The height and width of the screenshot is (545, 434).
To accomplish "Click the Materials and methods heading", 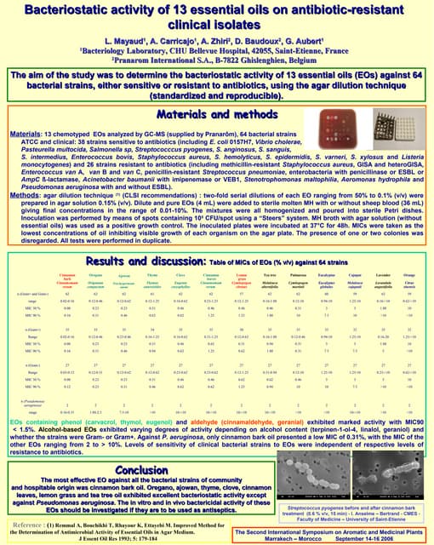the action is [x=218, y=118].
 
